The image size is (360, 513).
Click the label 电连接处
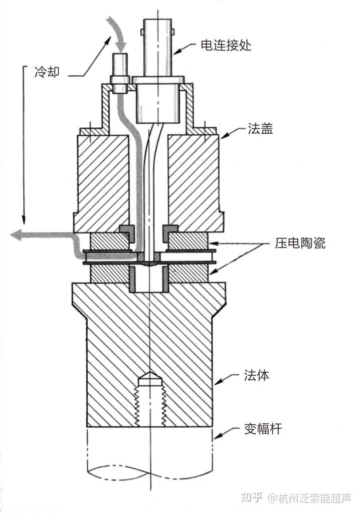click(x=226, y=46)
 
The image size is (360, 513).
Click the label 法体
click(x=256, y=375)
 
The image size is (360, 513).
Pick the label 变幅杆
click(x=263, y=429)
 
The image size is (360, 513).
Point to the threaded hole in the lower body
click(x=150, y=401)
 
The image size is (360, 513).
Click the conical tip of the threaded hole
click(x=150, y=376)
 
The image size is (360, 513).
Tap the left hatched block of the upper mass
click(x=103, y=180)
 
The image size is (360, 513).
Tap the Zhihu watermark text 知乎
click(x=252, y=497)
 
